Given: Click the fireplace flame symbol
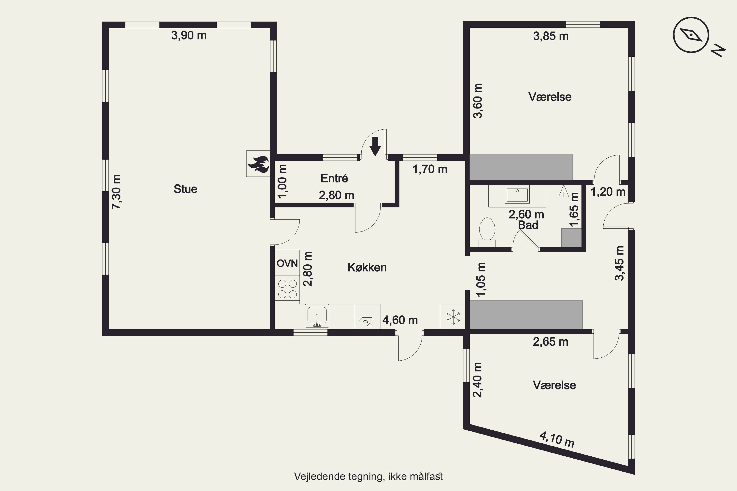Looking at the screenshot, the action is click(x=258, y=164).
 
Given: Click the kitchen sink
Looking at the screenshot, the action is click(x=317, y=316).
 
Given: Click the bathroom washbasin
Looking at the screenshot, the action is click(x=517, y=194).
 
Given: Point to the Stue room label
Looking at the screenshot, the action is click(x=185, y=189).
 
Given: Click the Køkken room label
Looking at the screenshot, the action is click(x=367, y=267).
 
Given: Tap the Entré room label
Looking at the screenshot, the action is click(x=334, y=178).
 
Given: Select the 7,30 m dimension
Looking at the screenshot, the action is click(x=116, y=192).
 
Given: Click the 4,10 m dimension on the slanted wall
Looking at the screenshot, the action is click(x=556, y=439).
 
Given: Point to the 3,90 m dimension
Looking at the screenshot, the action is click(x=189, y=35).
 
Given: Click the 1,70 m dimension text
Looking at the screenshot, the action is click(x=430, y=169).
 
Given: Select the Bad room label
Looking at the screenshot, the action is click(x=528, y=225).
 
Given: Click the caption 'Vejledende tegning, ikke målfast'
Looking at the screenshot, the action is click(x=368, y=477).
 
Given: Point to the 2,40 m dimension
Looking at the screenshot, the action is click(x=477, y=380).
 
